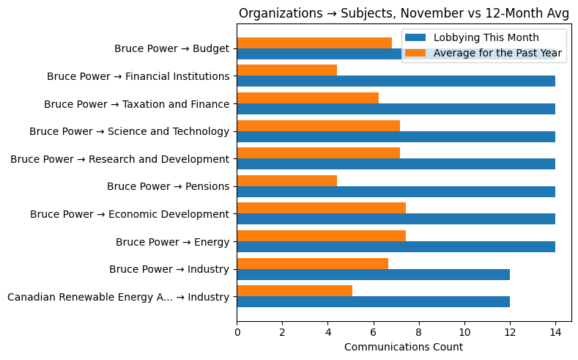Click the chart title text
pos(404,13)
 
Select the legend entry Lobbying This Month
pos(486,38)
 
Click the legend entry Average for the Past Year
pos(497,53)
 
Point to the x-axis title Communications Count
pos(404,347)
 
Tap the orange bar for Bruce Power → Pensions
pos(286,180)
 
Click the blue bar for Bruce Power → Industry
pos(373,274)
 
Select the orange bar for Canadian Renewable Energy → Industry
pos(294,291)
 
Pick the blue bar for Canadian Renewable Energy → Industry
pos(373,302)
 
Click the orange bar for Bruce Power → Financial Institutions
pos(286,70)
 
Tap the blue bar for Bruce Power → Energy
pos(396,247)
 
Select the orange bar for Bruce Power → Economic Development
pos(321,208)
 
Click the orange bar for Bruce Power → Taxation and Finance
pos(308,98)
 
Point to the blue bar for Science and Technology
pos(396,136)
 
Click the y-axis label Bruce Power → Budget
pos(171,49)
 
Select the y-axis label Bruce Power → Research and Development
pos(119,159)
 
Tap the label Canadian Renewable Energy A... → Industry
pos(118,297)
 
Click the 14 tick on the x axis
pos(555,332)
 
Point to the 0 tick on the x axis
pos(237,332)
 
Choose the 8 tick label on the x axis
pos(419,332)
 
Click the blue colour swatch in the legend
pos(415,38)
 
